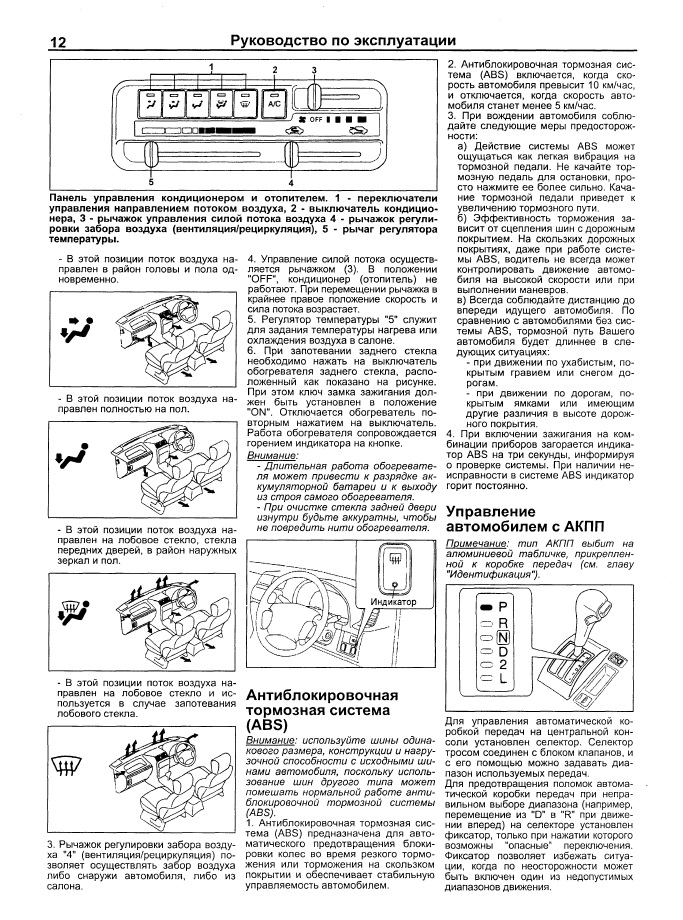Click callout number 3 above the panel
point(313,70)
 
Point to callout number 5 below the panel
point(150,183)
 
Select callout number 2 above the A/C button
point(274,68)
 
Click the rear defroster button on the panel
point(245,101)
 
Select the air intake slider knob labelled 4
point(291,155)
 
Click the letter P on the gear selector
point(503,607)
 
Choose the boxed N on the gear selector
point(503,637)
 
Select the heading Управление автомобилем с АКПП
point(516,518)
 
